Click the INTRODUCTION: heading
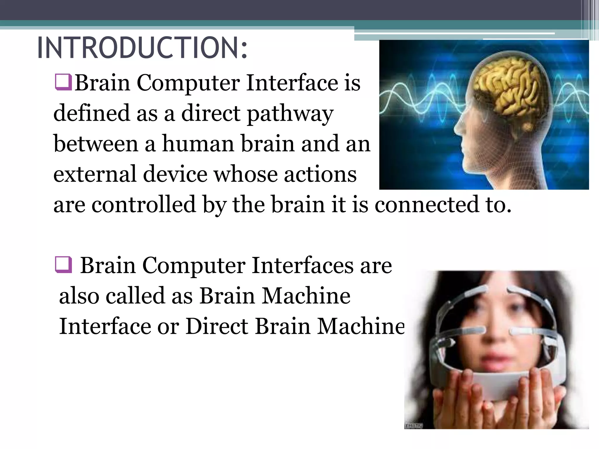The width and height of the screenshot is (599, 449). point(142,48)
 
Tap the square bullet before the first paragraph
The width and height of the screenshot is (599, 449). point(63,82)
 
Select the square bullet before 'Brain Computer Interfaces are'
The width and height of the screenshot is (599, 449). point(63,265)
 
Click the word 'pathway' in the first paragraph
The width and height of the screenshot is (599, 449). point(290,114)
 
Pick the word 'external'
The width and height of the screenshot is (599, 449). point(95,174)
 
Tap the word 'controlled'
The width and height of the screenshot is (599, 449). point(144,204)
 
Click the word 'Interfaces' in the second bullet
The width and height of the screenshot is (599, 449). point(302,265)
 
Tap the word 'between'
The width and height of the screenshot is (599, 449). point(96,144)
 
